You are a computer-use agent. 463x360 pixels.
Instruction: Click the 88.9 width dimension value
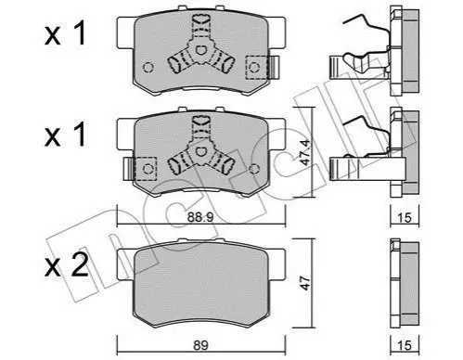pyautogui.click(x=200, y=218)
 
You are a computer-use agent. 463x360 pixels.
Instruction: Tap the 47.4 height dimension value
pyautogui.click(x=306, y=152)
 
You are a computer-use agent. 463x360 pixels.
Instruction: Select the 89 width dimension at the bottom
pyautogui.click(x=200, y=345)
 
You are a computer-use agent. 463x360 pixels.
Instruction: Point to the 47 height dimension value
pyautogui.click(x=306, y=283)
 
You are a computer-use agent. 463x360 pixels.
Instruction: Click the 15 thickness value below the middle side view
pyautogui.click(x=404, y=218)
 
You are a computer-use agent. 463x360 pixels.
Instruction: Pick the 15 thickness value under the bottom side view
pyautogui.click(x=404, y=345)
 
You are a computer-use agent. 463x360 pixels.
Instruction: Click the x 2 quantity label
pyautogui.click(x=66, y=265)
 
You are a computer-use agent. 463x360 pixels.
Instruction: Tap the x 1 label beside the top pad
pyautogui.click(x=65, y=34)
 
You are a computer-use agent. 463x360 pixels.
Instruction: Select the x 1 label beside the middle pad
pyautogui.click(x=65, y=135)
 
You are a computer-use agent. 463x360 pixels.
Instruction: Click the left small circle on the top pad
pyautogui.click(x=148, y=68)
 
